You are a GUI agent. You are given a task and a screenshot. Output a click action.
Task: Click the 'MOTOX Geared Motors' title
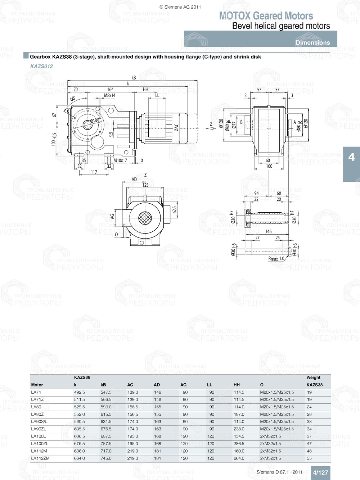point(266,16)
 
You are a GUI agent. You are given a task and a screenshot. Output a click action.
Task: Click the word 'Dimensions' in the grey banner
point(312,42)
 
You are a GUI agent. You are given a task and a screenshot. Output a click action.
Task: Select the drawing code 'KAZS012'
point(41,66)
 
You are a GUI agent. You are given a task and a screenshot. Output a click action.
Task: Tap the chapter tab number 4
point(351,157)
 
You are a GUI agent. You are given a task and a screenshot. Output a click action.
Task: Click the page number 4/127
point(320,472)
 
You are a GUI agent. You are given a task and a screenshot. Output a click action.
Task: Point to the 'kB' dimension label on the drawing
point(134,77)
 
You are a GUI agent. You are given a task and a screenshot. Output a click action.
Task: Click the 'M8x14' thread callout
point(110,95)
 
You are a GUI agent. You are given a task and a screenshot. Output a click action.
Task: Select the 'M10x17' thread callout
point(120,160)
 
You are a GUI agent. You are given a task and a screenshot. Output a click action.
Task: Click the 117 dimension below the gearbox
point(94,172)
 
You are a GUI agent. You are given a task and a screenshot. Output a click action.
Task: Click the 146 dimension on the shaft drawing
point(268,231)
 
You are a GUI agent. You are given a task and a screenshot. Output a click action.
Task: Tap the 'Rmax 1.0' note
point(276,259)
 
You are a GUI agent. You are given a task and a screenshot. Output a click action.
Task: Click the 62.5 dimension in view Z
point(175,209)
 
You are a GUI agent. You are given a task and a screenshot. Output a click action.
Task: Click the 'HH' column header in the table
point(237,385)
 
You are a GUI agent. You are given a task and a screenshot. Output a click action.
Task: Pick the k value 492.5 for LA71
point(80,392)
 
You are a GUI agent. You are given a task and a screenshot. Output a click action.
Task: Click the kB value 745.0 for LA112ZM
point(106,458)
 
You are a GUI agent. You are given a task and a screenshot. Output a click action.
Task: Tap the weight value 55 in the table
point(309,458)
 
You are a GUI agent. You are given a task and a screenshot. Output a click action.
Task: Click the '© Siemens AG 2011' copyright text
point(180,7)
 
